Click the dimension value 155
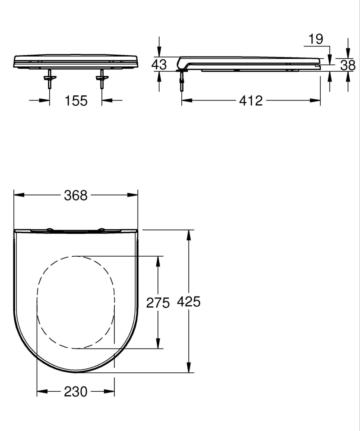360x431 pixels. (76, 101)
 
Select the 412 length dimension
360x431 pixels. (250, 101)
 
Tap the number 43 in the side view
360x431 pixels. (159, 65)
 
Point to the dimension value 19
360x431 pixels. (316, 39)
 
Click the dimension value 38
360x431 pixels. (348, 65)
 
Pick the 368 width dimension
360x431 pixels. (76, 195)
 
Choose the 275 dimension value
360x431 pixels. (158, 303)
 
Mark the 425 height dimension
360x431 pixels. (189, 302)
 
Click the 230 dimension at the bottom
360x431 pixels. (76, 392)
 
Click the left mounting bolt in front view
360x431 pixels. (50, 79)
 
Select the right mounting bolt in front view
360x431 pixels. (102, 79)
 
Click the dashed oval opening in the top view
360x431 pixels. (76, 302)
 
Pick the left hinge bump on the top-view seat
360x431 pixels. (50, 230)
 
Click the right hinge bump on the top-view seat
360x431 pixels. (101, 230)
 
